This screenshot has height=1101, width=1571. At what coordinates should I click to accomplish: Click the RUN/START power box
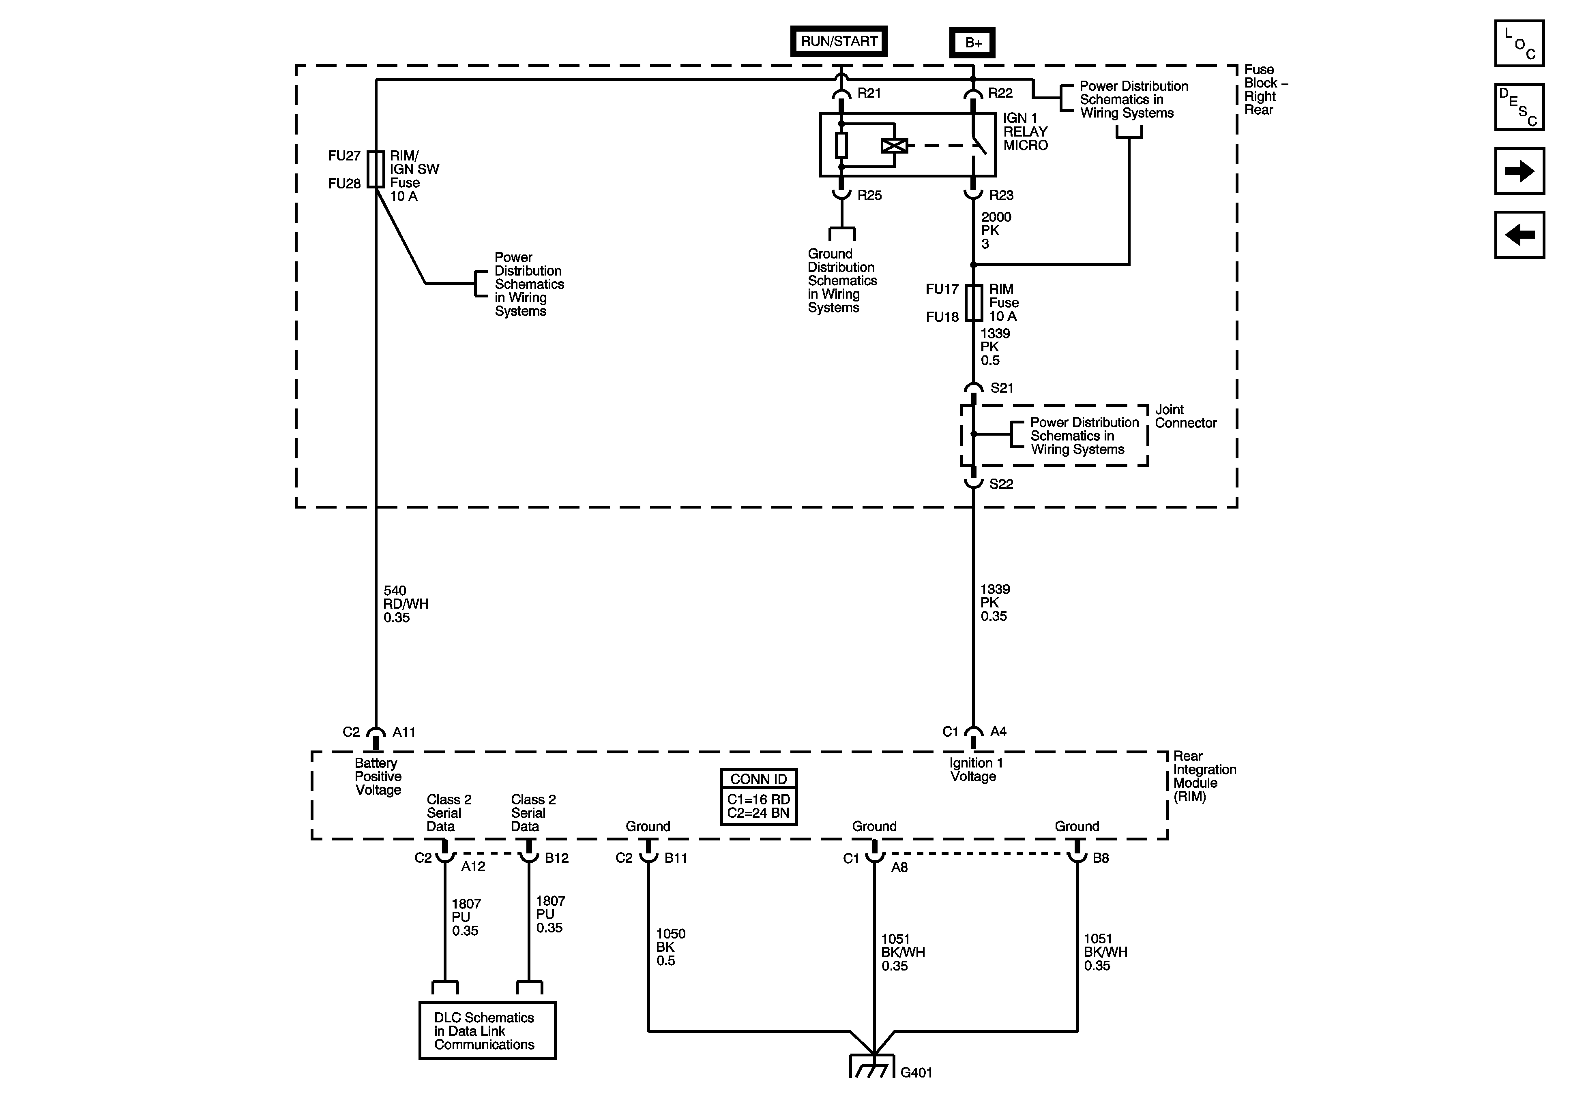point(839,41)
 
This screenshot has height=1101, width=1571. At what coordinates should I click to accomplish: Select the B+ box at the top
point(973,43)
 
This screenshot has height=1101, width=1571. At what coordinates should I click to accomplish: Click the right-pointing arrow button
point(1519,171)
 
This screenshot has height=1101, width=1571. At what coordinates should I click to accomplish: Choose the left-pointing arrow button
point(1519,235)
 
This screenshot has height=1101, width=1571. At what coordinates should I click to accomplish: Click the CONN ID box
point(759,797)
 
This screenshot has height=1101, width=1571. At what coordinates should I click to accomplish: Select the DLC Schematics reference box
point(487,1030)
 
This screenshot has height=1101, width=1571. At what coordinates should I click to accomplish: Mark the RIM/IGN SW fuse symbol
point(376,169)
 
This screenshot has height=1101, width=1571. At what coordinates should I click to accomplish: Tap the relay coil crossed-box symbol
point(894,145)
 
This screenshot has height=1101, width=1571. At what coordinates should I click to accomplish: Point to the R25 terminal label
point(870,196)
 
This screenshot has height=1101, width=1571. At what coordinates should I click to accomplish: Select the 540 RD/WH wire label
point(406,604)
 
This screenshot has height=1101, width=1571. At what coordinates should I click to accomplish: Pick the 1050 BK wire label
point(671,947)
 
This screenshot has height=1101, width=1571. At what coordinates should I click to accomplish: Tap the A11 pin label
point(403,732)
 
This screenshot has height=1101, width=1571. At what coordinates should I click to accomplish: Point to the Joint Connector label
point(1186,417)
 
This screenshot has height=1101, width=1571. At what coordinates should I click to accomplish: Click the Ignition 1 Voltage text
point(976,770)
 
